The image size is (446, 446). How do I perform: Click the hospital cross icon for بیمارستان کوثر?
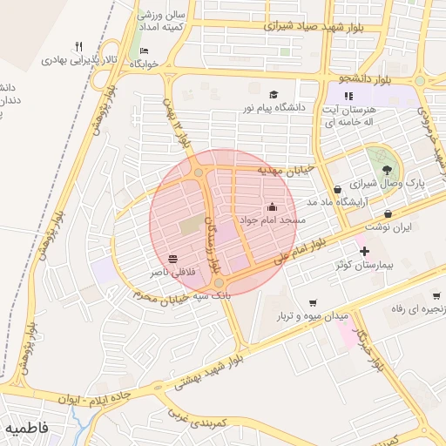point(363,252)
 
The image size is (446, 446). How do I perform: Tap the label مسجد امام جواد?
point(273,220)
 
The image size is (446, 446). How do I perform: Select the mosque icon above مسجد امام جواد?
point(273,207)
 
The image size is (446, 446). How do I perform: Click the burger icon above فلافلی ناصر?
point(172,259)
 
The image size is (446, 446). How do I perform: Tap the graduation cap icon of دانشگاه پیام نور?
point(274,94)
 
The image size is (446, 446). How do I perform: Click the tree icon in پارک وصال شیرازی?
point(387,170)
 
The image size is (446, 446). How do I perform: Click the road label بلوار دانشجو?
point(368,78)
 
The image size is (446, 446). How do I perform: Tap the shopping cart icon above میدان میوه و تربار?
point(313,302)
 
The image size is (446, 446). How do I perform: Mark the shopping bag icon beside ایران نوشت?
point(388,213)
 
